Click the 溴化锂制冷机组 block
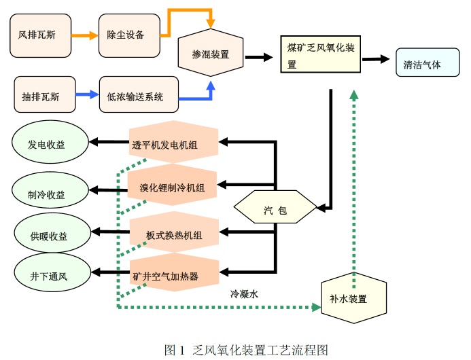coord(173,186)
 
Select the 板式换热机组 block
coord(173,234)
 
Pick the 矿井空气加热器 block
coord(173,274)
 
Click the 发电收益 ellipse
coord(50,145)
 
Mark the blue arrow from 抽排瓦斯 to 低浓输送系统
coord(84,95)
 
